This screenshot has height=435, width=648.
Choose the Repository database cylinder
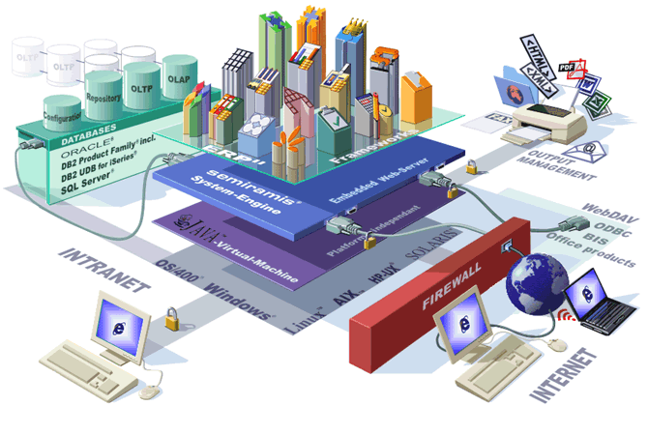[102, 93]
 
